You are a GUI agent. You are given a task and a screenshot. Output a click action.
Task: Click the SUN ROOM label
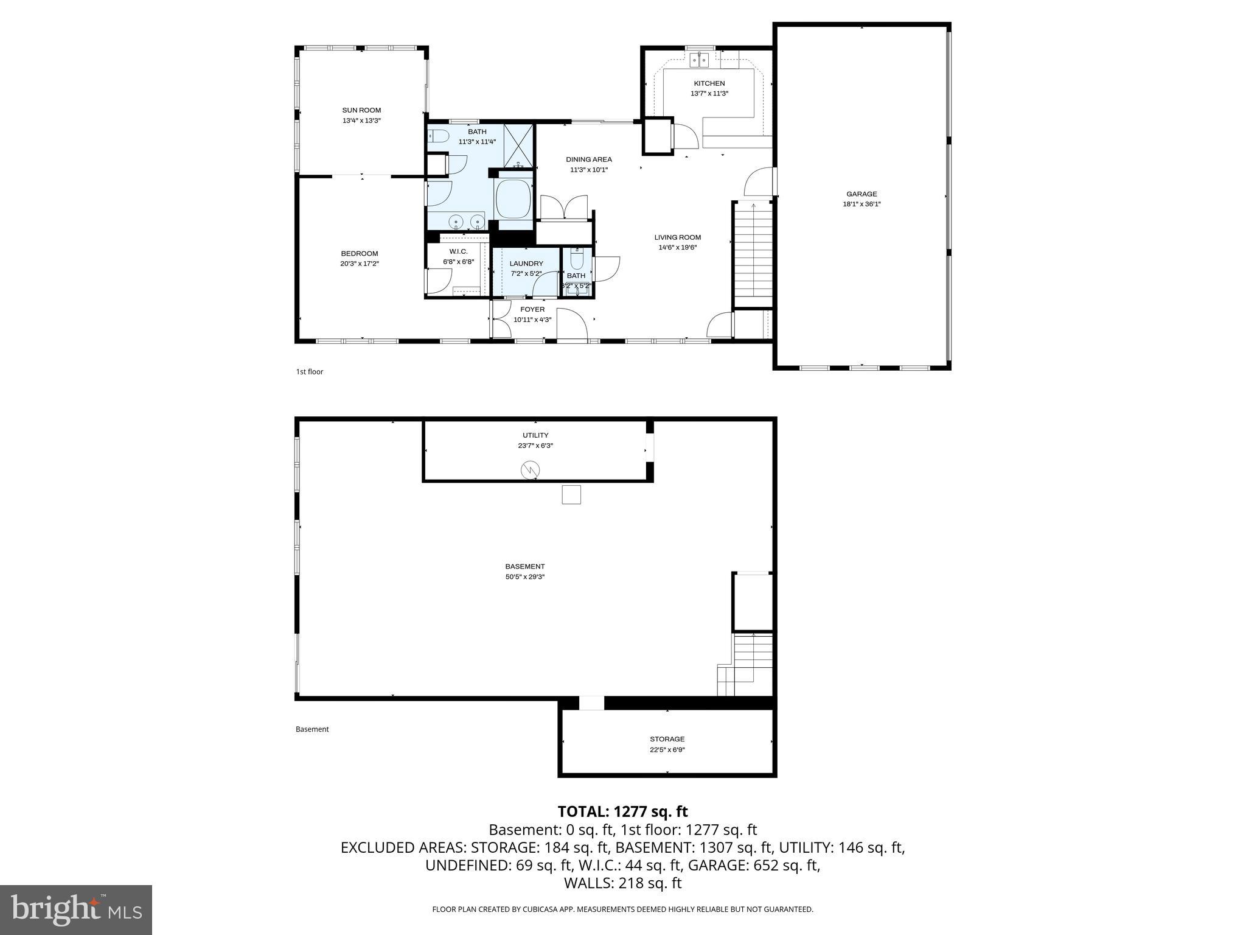coord(361,110)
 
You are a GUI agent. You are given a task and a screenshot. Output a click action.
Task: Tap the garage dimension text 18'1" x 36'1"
coord(861,205)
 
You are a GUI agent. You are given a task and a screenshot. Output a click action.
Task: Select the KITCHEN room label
coord(709,83)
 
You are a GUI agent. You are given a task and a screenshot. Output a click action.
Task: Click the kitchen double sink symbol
coord(700,60)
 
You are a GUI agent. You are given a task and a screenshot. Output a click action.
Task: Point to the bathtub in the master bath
coord(513,198)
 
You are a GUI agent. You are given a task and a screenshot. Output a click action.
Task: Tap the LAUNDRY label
coord(526,264)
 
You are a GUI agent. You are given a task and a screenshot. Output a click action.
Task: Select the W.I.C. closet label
coord(458,251)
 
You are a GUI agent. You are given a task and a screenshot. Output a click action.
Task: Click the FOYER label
coord(532,309)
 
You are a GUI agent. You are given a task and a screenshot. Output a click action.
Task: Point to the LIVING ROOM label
coord(677,237)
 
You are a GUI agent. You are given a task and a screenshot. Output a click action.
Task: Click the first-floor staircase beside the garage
coord(753,253)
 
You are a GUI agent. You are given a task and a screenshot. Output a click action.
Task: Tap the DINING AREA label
coord(588,159)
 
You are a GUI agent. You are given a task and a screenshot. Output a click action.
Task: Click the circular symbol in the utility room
coord(530,469)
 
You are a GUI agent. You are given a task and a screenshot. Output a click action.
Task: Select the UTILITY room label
coord(535,435)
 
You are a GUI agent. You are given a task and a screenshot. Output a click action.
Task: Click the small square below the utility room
coord(571,494)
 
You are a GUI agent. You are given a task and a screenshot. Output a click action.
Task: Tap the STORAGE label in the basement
coord(667,739)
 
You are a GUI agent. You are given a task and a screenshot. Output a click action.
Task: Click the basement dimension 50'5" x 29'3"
coord(524,576)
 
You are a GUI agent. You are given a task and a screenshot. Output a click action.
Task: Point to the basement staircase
coord(752,664)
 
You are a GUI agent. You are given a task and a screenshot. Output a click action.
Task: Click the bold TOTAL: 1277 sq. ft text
coord(622,811)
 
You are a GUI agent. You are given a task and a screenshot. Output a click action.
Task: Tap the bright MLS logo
coord(76,909)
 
